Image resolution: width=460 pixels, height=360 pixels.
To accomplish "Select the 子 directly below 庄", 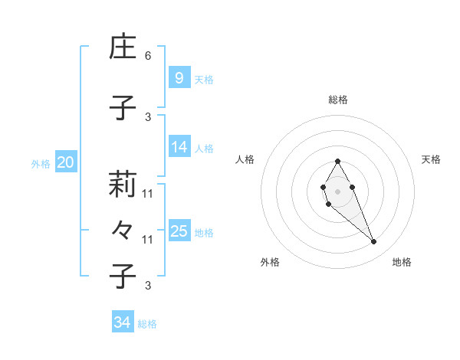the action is pyautogui.click(x=123, y=108).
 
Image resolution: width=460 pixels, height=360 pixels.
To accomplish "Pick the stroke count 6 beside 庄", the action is pyautogui.click(x=148, y=56).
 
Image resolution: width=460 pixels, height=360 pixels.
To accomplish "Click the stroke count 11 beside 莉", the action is pyautogui.click(x=148, y=194).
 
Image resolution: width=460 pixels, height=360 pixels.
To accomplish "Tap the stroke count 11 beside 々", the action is pyautogui.click(x=148, y=240).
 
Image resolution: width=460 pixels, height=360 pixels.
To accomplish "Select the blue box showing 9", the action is pyautogui.click(x=179, y=78).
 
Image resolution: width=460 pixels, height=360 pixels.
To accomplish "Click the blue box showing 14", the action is pyautogui.click(x=179, y=147).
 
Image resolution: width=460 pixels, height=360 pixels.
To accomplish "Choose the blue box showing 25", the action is pyautogui.click(x=179, y=231).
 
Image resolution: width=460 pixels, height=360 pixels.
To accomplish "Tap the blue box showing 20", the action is pyautogui.click(x=65, y=162).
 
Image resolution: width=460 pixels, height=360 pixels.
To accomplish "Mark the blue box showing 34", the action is pyautogui.click(x=122, y=322).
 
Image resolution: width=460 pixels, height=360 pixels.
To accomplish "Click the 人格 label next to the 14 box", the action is pyautogui.click(x=204, y=148).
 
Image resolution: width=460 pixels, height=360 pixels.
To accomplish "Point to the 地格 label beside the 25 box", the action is pyautogui.click(x=204, y=232).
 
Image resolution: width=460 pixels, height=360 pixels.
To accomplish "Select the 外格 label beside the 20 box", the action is pyautogui.click(x=41, y=163).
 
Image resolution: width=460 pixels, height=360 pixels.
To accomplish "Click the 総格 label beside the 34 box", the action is pyautogui.click(x=147, y=324).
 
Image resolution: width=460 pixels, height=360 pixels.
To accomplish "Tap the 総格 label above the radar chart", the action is pyautogui.click(x=337, y=100).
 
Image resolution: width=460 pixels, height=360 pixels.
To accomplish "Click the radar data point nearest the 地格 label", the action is pyautogui.click(x=373, y=242).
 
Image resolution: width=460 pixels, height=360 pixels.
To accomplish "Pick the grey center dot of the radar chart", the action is pyautogui.click(x=337, y=191).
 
